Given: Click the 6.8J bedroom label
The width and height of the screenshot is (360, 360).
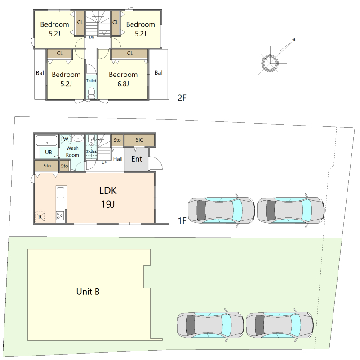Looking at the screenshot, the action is click(123, 79).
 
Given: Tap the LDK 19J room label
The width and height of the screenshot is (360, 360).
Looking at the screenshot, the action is click(108, 197).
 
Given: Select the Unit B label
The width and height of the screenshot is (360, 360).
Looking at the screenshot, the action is click(88, 292).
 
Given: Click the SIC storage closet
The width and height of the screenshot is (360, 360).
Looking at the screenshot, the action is click(139, 140).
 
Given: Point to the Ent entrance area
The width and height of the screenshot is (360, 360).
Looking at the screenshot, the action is click(136, 159).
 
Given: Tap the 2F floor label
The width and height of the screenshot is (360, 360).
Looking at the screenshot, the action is click(182, 98).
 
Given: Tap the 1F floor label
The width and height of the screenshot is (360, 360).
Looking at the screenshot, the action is click(182, 220).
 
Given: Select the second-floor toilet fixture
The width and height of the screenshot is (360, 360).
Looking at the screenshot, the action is click(91, 93).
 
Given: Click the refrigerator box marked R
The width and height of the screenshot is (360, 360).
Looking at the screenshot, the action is click(40, 217).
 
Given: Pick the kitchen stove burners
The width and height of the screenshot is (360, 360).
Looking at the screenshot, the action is click(60, 216).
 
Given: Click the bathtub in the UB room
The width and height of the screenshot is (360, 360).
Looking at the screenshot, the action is click(47, 140).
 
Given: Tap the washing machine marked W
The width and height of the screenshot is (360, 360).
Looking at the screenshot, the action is click(66, 139).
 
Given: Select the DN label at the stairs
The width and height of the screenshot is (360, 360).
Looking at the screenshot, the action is click(92, 37).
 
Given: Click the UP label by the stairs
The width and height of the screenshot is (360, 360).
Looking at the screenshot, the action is click(104, 162).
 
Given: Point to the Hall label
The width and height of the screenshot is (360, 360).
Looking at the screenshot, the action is click(118, 159).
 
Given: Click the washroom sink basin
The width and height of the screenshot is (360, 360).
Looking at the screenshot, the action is click(78, 139).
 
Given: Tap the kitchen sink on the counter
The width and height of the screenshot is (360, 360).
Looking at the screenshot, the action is click(61, 193).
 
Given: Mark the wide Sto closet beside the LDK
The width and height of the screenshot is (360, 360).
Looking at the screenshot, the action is click(47, 166).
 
